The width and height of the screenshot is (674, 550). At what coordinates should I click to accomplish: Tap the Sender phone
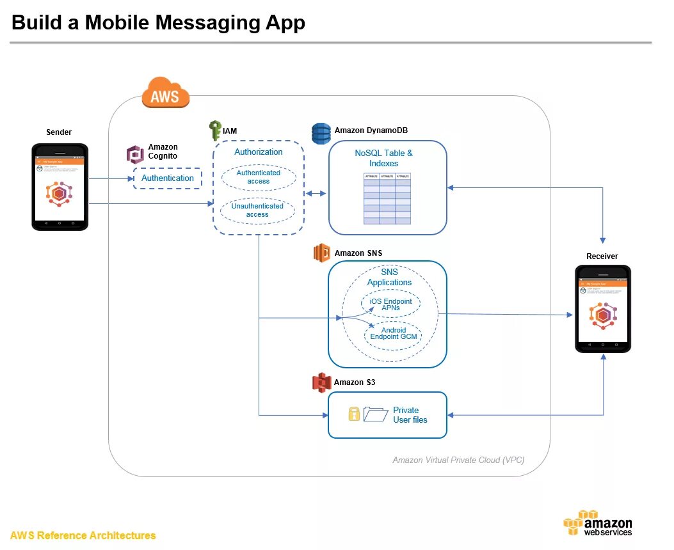click(60, 187)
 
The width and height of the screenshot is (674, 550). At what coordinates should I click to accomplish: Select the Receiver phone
click(602, 308)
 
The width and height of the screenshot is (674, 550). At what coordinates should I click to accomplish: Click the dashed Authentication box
click(168, 178)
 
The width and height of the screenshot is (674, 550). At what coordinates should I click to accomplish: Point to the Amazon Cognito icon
click(135, 155)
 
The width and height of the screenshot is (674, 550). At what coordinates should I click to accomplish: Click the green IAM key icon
click(215, 131)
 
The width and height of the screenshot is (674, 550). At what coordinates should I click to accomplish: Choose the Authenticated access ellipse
click(259, 177)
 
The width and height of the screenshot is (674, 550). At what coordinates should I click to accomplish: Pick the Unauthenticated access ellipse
click(257, 210)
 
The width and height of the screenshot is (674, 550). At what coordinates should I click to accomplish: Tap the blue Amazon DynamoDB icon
click(321, 133)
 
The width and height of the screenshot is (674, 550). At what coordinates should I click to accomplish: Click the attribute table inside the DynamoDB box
click(387, 198)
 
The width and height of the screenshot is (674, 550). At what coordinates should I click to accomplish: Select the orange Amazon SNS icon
click(321, 253)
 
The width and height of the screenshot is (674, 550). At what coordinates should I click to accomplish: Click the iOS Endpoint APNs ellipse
click(390, 304)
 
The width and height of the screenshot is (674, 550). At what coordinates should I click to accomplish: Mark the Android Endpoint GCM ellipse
click(393, 334)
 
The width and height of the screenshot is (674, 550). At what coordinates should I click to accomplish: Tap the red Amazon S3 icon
click(321, 382)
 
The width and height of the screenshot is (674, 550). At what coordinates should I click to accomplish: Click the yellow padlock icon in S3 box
click(354, 414)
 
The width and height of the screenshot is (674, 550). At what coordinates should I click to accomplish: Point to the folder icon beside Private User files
click(376, 414)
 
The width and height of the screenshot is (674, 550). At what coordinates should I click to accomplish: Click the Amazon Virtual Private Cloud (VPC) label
click(459, 460)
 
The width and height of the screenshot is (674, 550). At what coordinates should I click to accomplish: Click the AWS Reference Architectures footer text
click(83, 535)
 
